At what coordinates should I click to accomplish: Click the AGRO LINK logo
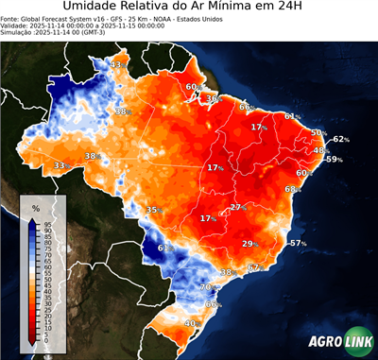pyautogui.click(x=337, y=342)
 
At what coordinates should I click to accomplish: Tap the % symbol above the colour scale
pyautogui.click(x=35, y=207)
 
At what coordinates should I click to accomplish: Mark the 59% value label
pyautogui.click(x=333, y=160)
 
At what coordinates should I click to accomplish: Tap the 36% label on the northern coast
pyautogui.click(x=214, y=99)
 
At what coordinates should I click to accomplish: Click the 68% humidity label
pyautogui.click(x=291, y=189)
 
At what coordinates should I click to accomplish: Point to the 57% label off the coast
pyautogui.click(x=298, y=244)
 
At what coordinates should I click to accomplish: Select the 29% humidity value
pyautogui.click(x=250, y=244)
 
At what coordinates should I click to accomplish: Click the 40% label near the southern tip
pyautogui.click(x=191, y=324)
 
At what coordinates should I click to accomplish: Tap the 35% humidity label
pyautogui.click(x=153, y=210)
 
